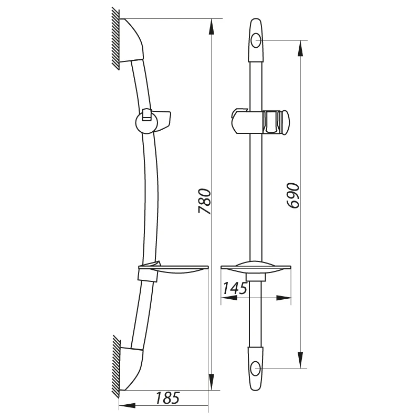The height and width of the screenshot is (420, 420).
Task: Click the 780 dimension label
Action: [205, 201]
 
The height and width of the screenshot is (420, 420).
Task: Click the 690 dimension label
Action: [292, 195]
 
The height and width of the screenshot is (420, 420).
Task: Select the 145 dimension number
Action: [235, 288]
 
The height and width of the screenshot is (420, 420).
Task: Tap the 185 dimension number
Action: [167, 398]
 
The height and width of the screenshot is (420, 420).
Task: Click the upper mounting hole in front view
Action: [256, 40]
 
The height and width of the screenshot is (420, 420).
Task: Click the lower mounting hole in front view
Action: [256, 369]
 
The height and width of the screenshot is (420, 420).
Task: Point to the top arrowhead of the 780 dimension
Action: [212, 27]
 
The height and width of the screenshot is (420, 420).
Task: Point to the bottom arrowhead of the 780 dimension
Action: [212, 382]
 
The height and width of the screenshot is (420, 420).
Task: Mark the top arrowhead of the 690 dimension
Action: [300, 48]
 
